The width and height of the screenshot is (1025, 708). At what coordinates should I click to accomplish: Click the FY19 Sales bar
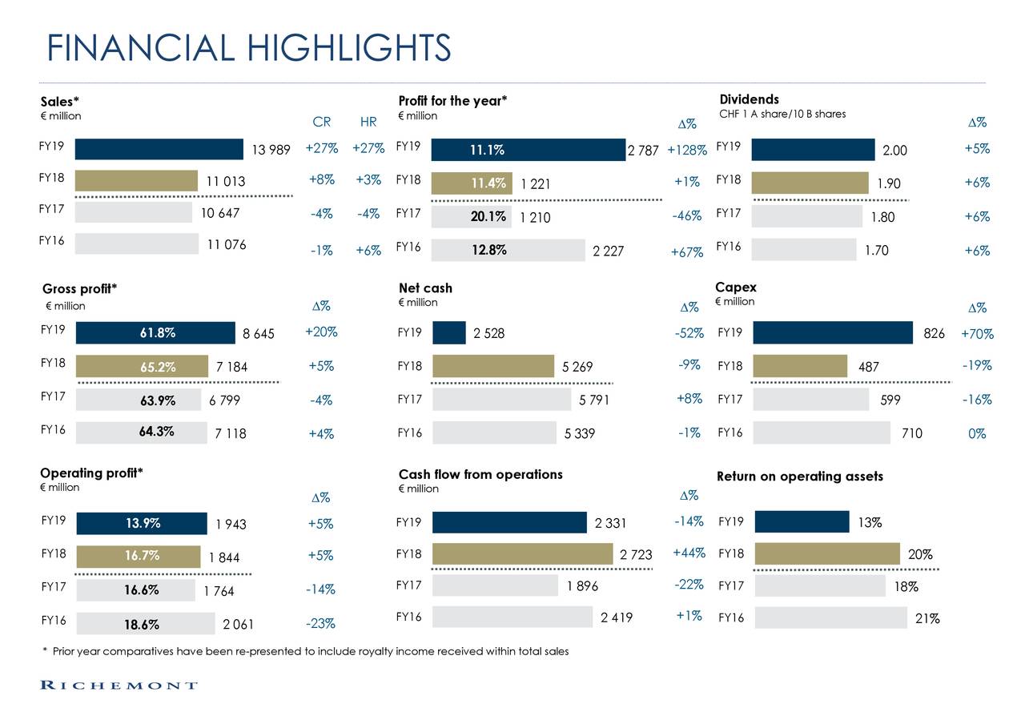[159, 150]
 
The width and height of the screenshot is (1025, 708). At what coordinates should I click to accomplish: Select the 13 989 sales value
[271, 151]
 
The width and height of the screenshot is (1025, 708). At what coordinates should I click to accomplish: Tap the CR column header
[321, 123]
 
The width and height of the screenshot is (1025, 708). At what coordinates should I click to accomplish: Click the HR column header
[368, 123]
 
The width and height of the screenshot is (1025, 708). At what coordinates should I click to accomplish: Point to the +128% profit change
[686, 151]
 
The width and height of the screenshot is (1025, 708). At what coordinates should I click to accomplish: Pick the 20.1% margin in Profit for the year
[488, 216]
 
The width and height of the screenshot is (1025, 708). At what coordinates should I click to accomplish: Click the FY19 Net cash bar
[448, 332]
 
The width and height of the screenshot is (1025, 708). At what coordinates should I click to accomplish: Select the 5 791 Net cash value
[594, 400]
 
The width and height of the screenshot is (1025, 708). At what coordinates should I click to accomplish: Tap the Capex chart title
[735, 287]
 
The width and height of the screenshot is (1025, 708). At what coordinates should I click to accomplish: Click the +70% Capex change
[977, 334]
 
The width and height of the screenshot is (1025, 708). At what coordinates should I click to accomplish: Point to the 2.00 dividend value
[895, 151]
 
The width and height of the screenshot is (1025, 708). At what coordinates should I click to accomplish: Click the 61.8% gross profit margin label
[156, 333]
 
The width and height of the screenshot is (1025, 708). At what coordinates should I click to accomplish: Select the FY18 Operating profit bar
[138, 557]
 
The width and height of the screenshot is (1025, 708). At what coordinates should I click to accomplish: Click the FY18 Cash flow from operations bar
[522, 553]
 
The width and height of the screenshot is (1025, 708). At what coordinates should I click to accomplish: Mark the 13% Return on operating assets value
[870, 523]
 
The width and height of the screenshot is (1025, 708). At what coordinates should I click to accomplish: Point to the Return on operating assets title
[799, 477]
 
